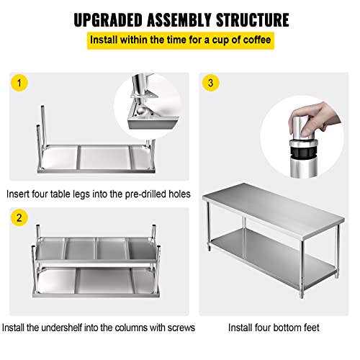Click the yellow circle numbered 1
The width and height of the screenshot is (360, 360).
(19, 82)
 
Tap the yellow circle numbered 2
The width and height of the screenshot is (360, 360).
(19, 218)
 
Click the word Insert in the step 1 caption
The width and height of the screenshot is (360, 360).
(20, 194)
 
